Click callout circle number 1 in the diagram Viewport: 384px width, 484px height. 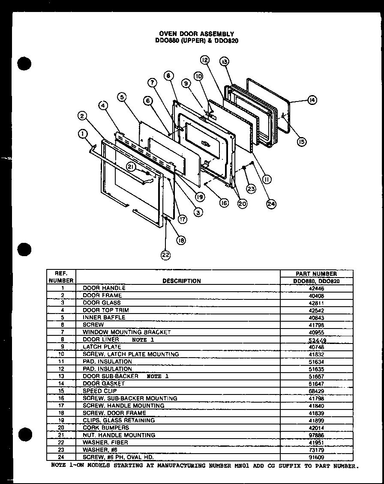point(81,134)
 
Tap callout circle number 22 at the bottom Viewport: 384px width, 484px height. point(165,255)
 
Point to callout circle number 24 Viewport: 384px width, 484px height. point(270,204)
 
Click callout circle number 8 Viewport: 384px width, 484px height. point(168,75)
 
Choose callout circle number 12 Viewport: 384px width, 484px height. point(204,60)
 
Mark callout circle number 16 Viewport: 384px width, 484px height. point(224,203)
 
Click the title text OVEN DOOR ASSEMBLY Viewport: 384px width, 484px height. point(197,33)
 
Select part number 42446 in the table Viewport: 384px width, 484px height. point(317,288)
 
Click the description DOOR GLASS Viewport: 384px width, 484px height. point(102,303)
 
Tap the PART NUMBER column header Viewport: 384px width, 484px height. point(317,273)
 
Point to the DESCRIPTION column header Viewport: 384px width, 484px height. point(182,281)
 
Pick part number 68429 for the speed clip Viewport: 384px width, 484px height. point(317,391)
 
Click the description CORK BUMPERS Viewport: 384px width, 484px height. point(105,427)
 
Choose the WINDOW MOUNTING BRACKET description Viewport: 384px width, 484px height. point(126,332)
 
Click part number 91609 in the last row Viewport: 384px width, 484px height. point(317,457)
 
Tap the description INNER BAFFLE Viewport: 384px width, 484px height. point(104,317)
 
